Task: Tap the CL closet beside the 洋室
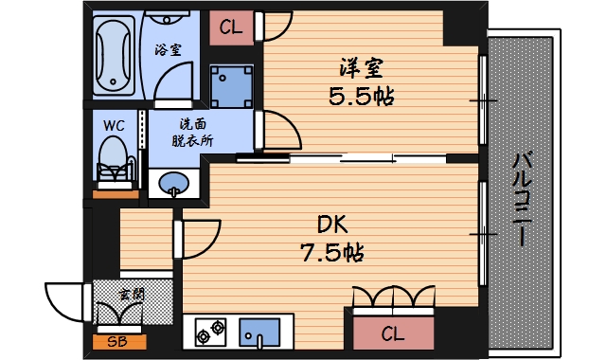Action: tap(231, 27)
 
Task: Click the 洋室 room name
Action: tap(363, 69)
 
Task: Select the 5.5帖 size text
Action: tap(363, 96)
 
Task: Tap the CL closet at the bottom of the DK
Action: tap(393, 333)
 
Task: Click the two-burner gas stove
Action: tap(212, 333)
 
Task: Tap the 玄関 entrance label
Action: tap(132, 295)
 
